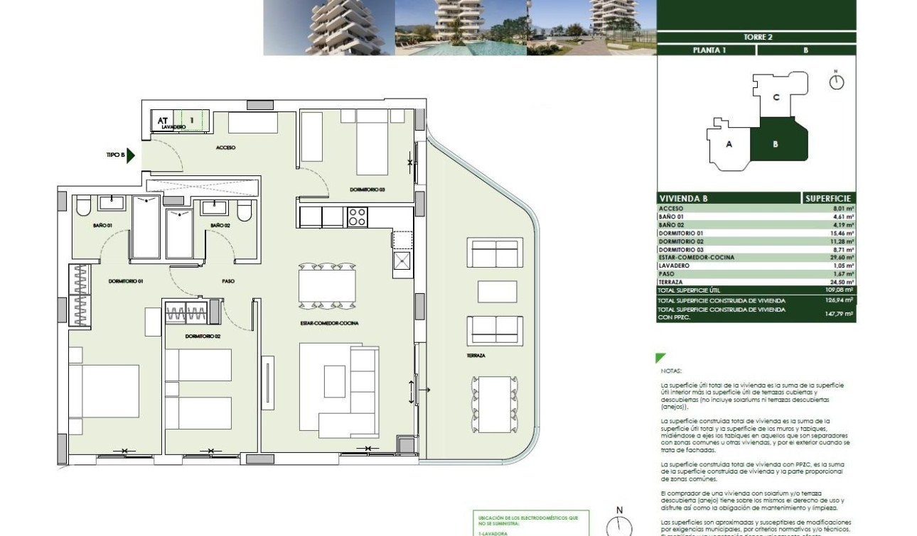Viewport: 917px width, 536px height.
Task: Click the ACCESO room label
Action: click(225, 148)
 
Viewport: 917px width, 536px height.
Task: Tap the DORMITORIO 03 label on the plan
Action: click(367, 190)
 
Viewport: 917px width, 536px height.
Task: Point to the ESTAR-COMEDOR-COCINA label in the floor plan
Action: click(329, 323)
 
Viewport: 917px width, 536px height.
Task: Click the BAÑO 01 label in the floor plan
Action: click(102, 225)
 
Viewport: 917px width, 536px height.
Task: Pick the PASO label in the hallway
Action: click(228, 281)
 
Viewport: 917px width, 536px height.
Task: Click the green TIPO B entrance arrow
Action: click(130, 155)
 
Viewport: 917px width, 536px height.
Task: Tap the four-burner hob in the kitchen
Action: click(356, 217)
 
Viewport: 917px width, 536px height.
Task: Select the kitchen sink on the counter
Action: click(402, 261)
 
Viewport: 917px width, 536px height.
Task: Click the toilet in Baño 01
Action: click(82, 206)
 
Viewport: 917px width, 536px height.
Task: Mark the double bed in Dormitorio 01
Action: click(104, 391)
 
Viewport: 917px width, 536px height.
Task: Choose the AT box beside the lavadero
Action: click(163, 121)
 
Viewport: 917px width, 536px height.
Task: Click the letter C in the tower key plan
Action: click(776, 97)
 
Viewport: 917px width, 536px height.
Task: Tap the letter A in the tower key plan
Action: click(729, 144)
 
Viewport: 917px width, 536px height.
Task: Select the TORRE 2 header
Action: click(758, 38)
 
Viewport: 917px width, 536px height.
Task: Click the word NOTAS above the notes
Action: click(670, 371)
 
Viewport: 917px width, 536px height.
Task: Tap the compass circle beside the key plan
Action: click(837, 82)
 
